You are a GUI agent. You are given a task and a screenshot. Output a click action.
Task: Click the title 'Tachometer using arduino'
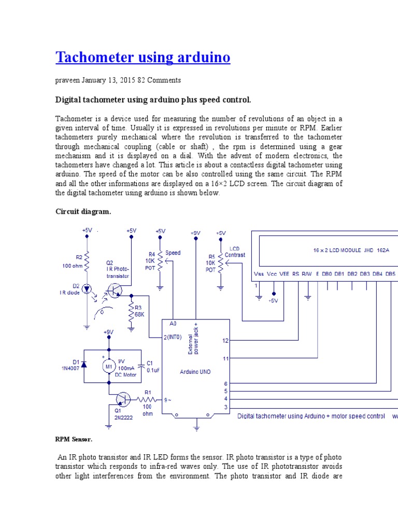coord(143,57)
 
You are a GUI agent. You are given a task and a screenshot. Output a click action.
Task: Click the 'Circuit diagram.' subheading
coord(83,212)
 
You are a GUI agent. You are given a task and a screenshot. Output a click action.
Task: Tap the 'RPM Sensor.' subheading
coord(74,439)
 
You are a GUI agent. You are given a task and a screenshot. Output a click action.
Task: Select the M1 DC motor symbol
coord(109,367)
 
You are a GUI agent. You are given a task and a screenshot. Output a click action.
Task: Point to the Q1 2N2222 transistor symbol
coord(123,399)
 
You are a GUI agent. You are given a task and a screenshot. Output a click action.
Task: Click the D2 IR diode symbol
coord(87,287)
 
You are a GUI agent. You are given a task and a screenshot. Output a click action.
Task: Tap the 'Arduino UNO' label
coord(195,371)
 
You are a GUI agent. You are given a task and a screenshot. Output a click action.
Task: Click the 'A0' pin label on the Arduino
coord(173,323)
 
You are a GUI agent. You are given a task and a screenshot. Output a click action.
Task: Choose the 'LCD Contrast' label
coord(235,252)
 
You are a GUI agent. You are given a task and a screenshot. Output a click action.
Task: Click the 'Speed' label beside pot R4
coord(173,253)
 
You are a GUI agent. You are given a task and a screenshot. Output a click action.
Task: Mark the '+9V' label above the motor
coord(108,332)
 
